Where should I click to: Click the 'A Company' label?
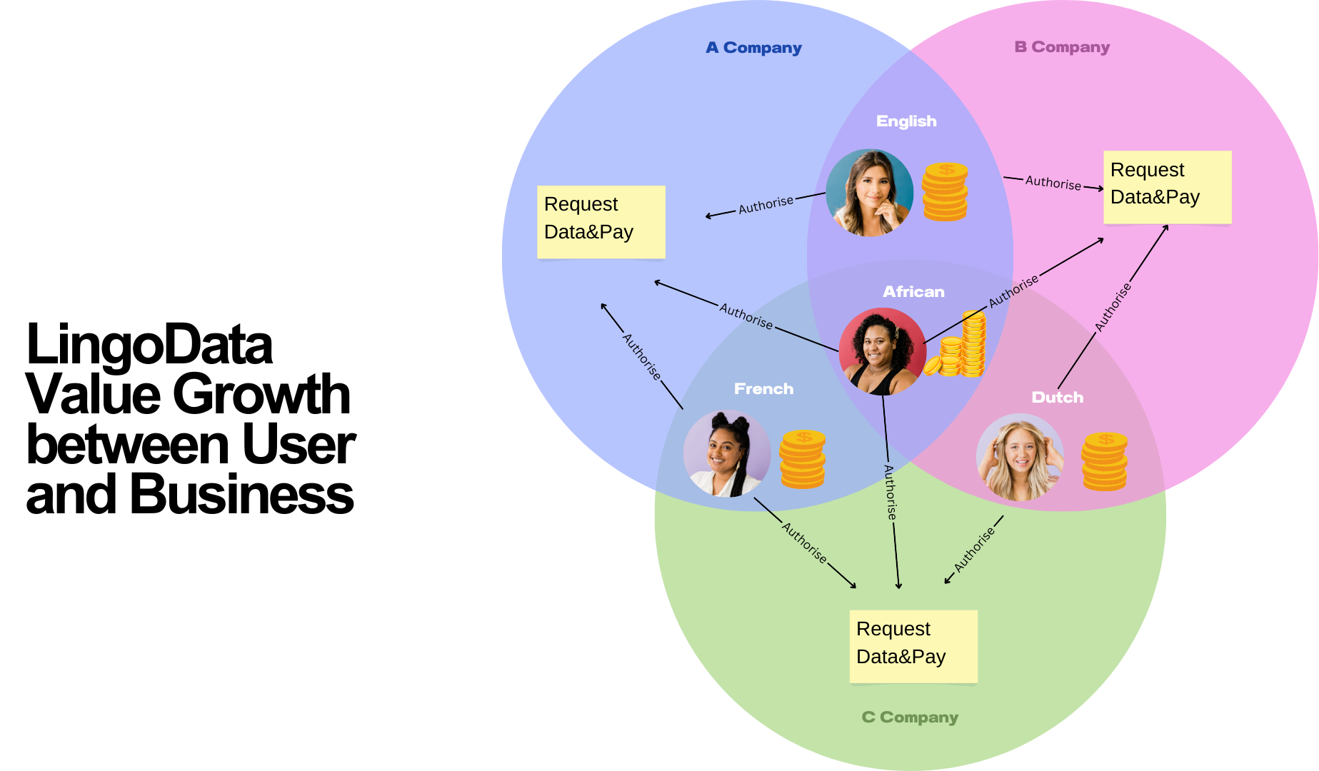point(753,48)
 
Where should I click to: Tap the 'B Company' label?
point(1062,47)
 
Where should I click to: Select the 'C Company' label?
point(910,717)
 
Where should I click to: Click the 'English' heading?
point(906,121)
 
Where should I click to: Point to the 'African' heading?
point(913,291)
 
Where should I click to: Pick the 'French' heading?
point(763,388)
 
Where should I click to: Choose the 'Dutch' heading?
point(1057,397)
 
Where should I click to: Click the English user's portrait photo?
point(870,193)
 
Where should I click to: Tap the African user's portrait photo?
point(883,351)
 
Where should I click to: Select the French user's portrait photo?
point(727,453)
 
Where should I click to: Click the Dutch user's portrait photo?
point(1020,457)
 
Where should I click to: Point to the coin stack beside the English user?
point(945,191)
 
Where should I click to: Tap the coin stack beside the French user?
point(802,459)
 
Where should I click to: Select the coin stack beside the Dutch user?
point(1104,461)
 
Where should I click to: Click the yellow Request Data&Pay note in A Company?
point(601,222)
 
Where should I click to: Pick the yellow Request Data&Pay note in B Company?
point(1167,187)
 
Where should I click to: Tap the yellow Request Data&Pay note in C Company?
point(913,646)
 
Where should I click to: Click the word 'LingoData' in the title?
point(149,345)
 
